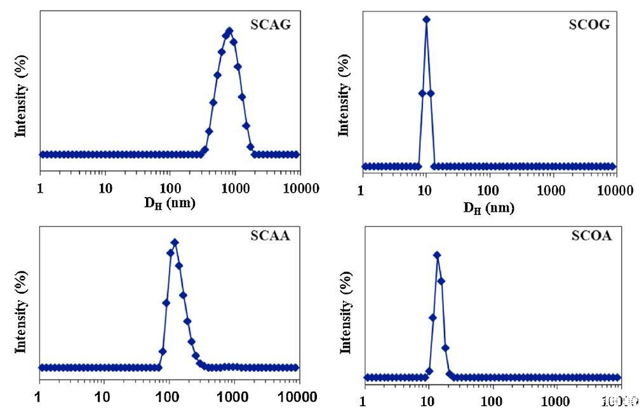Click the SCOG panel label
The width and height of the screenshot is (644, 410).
pyautogui.click(x=589, y=25)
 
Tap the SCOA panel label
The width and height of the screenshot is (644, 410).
pyautogui.click(x=591, y=236)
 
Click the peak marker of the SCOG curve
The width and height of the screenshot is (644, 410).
pyautogui.click(x=426, y=20)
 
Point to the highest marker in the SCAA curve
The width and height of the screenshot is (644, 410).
pyautogui.click(x=175, y=242)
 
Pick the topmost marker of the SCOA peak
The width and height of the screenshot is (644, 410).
pyautogui.click(x=437, y=255)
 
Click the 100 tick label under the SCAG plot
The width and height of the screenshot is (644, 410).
pyautogui.click(x=170, y=188)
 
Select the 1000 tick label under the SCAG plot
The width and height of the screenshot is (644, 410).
pyautogui.click(x=234, y=188)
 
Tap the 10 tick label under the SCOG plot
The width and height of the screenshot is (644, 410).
pyautogui.click(x=425, y=191)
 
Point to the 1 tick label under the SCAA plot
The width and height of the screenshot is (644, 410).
pyautogui.click(x=39, y=398)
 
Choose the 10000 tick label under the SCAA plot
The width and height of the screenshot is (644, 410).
pyautogui.click(x=298, y=398)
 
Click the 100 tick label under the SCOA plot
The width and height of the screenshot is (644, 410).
pyautogui.click(x=492, y=401)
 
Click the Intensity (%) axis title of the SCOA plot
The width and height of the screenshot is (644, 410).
pyautogui.click(x=346, y=311)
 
